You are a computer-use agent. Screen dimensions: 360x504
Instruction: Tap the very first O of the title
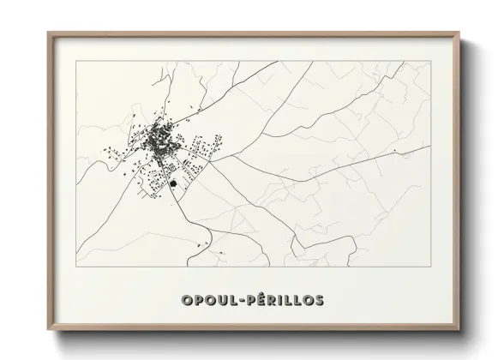pyautogui.click(x=186, y=300)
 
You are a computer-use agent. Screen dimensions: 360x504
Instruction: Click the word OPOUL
pyautogui.click(x=209, y=300)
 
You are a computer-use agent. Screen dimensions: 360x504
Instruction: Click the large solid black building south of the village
pyautogui.click(x=174, y=183)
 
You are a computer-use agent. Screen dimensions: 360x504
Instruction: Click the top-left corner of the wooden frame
pyautogui.click(x=48, y=33)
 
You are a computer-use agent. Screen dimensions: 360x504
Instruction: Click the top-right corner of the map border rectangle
pyautogui.click(x=430, y=62)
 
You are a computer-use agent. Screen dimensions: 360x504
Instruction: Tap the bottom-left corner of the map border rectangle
pyautogui.click(x=78, y=266)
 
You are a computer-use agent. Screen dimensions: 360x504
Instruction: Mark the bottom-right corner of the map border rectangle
pyautogui.click(x=430, y=266)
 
